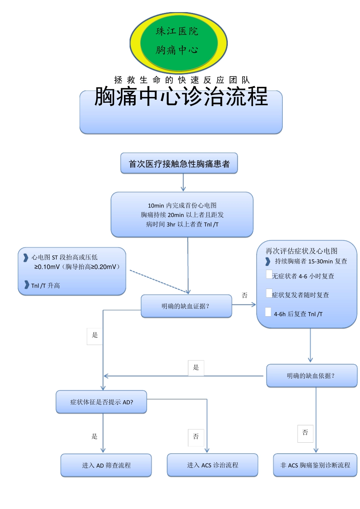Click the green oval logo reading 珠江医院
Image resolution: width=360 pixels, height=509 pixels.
178,42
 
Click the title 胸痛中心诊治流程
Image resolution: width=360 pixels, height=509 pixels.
181,97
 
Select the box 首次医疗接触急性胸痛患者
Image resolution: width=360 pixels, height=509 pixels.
179,164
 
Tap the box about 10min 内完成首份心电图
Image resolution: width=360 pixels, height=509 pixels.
182,215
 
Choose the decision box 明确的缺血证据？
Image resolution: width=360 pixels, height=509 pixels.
186,306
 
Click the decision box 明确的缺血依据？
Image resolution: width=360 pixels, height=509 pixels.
311,376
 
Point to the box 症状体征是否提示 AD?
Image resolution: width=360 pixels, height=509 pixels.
101,402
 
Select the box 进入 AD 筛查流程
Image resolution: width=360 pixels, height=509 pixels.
106,465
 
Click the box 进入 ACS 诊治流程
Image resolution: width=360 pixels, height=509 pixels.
212,465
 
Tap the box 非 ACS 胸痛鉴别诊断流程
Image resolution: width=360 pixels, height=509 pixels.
315,465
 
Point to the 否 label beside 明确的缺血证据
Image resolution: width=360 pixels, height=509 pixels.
245,295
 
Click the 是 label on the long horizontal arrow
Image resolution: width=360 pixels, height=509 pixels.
196,368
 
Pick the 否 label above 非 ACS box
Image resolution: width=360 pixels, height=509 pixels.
305,433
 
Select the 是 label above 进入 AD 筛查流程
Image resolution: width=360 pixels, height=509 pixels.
94,436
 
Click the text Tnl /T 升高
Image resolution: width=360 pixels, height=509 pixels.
45,286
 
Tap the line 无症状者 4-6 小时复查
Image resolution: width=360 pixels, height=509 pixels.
303,276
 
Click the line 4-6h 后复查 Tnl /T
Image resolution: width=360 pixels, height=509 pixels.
298,314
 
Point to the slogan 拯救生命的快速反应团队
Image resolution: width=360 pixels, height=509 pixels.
182,80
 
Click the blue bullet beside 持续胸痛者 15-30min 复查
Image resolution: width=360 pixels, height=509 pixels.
268,261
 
